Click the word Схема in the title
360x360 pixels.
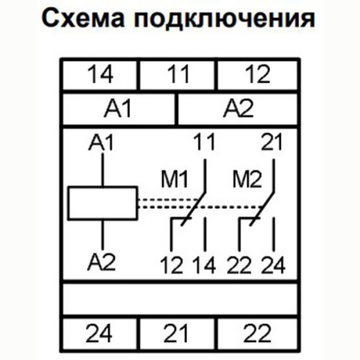(x=84, y=19)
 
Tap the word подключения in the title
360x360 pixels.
(x=224, y=19)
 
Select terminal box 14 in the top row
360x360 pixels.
(x=99, y=74)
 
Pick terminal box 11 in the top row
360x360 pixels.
(x=177, y=74)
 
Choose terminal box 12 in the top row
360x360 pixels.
(x=258, y=74)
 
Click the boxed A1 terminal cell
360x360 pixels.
(x=118, y=109)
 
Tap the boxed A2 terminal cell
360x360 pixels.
(x=238, y=109)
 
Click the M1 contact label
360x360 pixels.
(x=174, y=179)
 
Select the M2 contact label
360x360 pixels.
(x=247, y=179)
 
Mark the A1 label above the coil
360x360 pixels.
(x=101, y=143)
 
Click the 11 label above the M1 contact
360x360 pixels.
(x=204, y=142)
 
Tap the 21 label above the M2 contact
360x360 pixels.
(x=271, y=142)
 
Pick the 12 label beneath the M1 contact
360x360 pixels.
(x=171, y=266)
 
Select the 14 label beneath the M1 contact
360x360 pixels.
(x=204, y=266)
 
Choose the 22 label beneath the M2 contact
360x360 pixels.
(x=239, y=266)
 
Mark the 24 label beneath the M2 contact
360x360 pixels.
(x=273, y=266)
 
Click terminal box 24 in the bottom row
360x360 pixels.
(x=99, y=333)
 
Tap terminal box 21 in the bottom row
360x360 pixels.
(x=177, y=333)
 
